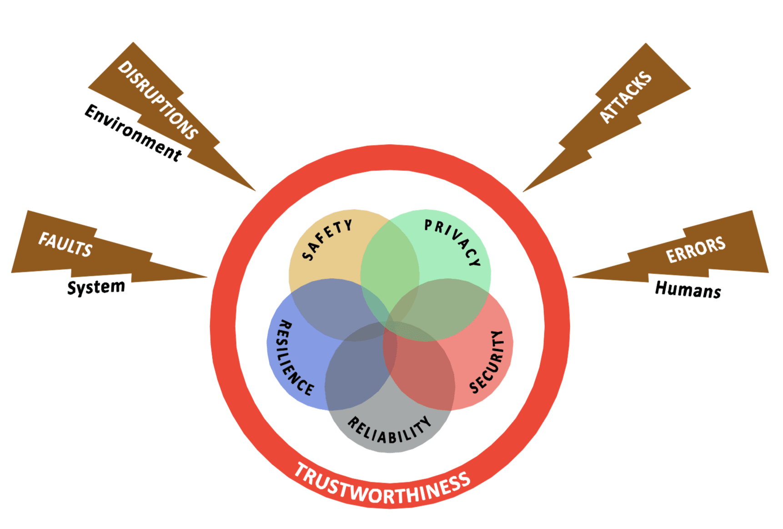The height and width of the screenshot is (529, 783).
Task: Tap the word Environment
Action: click(x=133, y=132)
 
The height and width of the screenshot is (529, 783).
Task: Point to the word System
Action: click(x=96, y=287)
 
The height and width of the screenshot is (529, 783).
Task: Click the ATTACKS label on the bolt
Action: click(x=626, y=97)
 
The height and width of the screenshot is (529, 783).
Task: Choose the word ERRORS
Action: click(x=695, y=250)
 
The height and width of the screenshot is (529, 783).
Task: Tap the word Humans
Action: click(x=688, y=289)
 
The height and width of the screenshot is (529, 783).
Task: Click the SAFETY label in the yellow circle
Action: click(x=326, y=240)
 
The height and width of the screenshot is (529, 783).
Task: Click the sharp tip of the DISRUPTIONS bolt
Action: click(x=255, y=190)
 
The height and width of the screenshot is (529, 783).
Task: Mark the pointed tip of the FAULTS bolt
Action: click(x=206, y=276)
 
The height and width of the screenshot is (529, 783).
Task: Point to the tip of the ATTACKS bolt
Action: click(x=524, y=191)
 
